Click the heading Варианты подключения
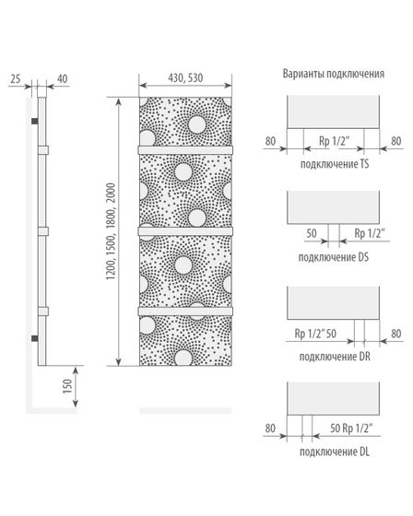[334, 74]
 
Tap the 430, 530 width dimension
[185, 78]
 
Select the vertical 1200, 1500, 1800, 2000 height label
[112, 231]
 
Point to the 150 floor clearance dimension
[67, 386]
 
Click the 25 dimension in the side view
[15, 78]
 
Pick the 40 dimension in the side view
[63, 78]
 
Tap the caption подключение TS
[335, 164]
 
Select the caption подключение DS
[334, 257]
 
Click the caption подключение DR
[335, 357]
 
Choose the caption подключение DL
[335, 451]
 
